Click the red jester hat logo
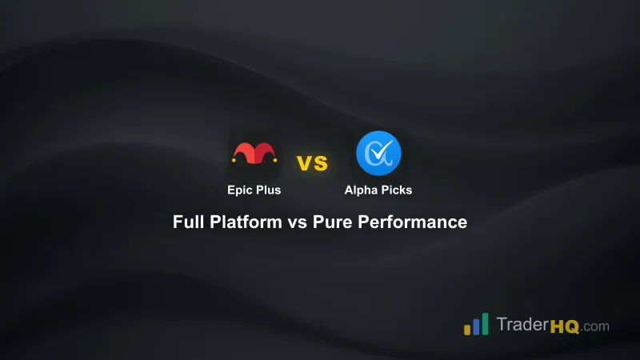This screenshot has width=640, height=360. click(x=255, y=152)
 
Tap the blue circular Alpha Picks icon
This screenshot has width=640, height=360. click(x=378, y=153)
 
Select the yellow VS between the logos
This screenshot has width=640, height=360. click(x=313, y=163)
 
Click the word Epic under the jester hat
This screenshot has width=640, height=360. click(x=238, y=191)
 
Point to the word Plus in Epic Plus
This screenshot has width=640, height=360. click(x=269, y=191)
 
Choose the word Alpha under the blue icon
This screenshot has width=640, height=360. click(x=361, y=191)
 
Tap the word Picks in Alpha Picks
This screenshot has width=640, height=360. click(x=396, y=191)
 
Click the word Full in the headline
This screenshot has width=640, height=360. click(x=188, y=222)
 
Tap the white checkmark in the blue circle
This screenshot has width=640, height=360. click(x=379, y=151)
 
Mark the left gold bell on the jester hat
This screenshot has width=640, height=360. click(x=233, y=160)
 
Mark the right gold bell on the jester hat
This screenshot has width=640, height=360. click(x=277, y=160)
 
